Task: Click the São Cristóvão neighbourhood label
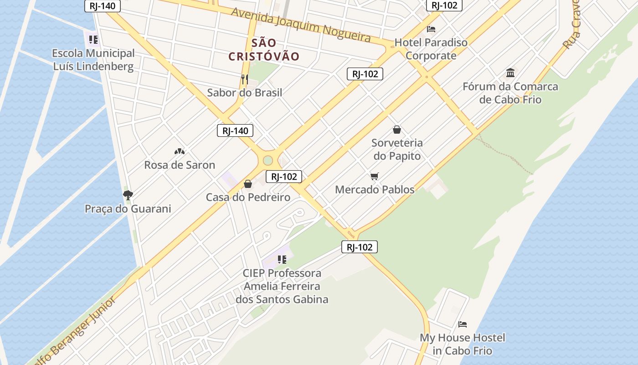264,50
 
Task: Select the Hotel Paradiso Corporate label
431,49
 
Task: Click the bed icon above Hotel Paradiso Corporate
431,29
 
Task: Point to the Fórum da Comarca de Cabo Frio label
510,93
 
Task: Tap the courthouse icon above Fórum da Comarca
510,73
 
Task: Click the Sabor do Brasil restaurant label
245,93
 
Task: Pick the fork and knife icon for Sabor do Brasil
245,79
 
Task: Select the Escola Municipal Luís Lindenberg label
94,60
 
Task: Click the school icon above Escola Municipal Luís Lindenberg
93,40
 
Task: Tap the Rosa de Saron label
180,165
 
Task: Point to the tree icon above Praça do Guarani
128,195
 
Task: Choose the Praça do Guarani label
128,209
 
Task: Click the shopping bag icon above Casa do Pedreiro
248,184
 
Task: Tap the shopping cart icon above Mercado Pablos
375,176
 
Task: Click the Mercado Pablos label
375,189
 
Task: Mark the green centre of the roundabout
268,161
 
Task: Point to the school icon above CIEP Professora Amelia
282,260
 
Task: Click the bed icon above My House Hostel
463,324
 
